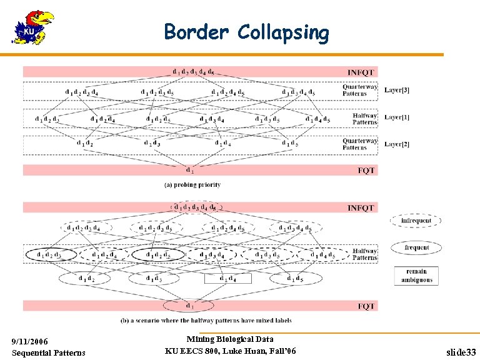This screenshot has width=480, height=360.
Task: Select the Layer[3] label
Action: coord(397,91)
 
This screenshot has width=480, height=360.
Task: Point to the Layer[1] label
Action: coord(397,117)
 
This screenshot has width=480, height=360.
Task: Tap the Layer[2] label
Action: coord(397,144)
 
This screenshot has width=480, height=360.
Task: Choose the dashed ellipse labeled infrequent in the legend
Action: coord(416,221)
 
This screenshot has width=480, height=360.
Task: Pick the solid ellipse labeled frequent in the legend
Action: coord(416,247)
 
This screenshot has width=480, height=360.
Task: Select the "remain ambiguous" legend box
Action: coord(416,276)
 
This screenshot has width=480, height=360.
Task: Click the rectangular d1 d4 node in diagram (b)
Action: coord(227,278)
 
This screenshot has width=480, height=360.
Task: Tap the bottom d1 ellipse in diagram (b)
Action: coord(189,306)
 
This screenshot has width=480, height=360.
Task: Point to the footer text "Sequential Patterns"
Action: coord(49,352)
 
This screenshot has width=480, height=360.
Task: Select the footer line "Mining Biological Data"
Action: coord(230,339)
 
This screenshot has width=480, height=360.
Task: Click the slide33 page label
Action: coord(461,352)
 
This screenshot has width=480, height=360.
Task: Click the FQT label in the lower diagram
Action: coord(366,306)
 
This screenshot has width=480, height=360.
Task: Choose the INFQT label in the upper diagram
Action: coord(361,72)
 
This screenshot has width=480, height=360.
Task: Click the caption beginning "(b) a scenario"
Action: coord(206,321)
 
